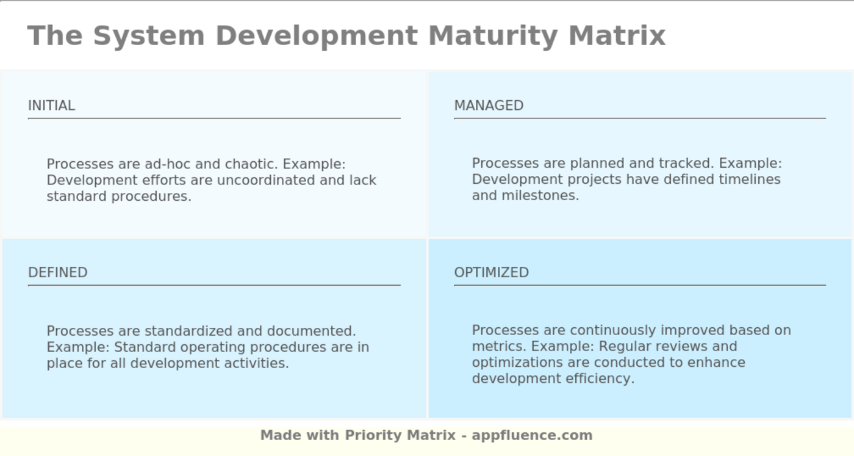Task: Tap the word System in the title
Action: point(148,35)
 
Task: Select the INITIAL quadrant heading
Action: point(52,106)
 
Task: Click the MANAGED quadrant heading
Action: point(489,106)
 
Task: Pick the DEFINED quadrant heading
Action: point(58,272)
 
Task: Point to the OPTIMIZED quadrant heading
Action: point(491,272)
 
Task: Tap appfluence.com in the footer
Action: point(532,435)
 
